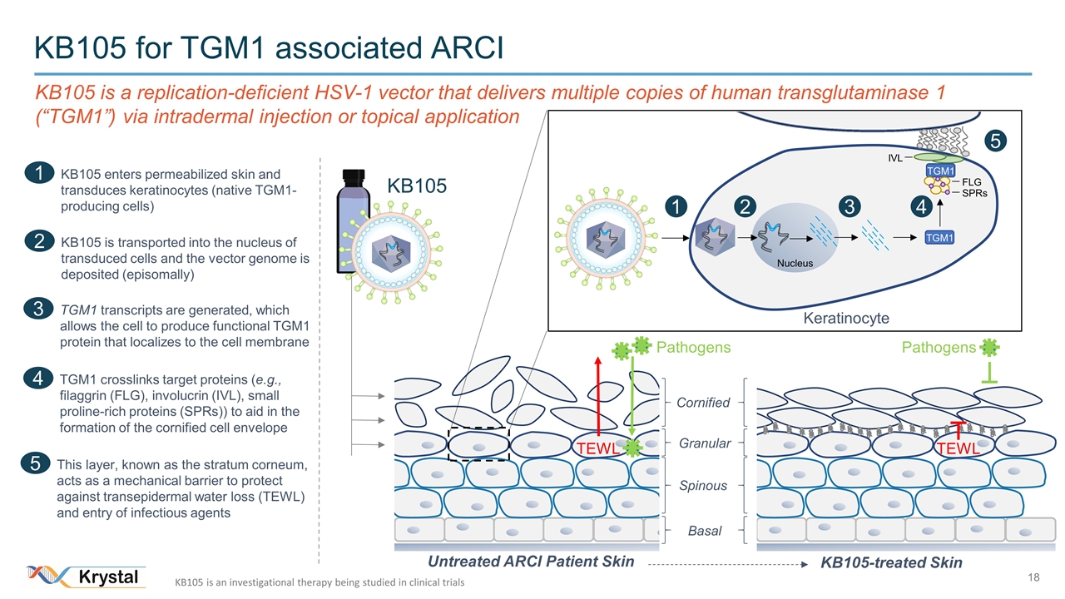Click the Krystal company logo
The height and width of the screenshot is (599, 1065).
pyautogui.click(x=87, y=576)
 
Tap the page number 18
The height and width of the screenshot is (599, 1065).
pyautogui.click(x=1034, y=577)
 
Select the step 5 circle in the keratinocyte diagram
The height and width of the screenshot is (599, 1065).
pyautogui.click(x=992, y=140)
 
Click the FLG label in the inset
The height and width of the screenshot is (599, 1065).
pyautogui.click(x=973, y=180)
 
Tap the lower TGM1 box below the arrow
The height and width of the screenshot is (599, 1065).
pyautogui.click(x=939, y=238)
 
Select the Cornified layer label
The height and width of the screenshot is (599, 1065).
pyautogui.click(x=702, y=403)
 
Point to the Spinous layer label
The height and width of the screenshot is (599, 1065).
pyautogui.click(x=703, y=486)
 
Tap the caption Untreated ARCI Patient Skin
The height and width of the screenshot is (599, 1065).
pyautogui.click(x=530, y=562)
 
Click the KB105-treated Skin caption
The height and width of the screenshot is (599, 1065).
pyautogui.click(x=891, y=563)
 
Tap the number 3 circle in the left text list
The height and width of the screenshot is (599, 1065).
pyautogui.click(x=38, y=309)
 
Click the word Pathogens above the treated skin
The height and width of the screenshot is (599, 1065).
pyautogui.click(x=939, y=347)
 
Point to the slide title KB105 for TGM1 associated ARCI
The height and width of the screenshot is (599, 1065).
pyautogui.click(x=269, y=47)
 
